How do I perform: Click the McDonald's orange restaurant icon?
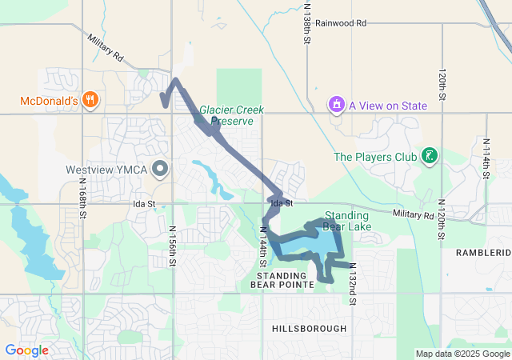tap(90, 101)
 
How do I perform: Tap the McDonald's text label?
tap(48, 101)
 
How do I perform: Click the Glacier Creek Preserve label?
tap(226, 115)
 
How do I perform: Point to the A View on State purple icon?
tap(337, 104)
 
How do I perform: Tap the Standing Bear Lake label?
tap(346, 221)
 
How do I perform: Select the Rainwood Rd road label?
tap(340, 23)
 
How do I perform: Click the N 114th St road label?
tap(486, 157)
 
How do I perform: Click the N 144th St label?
tap(262, 246)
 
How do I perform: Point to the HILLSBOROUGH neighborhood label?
tap(309, 329)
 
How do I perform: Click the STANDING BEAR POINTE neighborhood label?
tap(281, 280)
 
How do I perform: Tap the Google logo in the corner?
tap(26, 350)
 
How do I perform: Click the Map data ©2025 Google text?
tap(462, 354)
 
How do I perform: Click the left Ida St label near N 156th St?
tap(144, 205)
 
